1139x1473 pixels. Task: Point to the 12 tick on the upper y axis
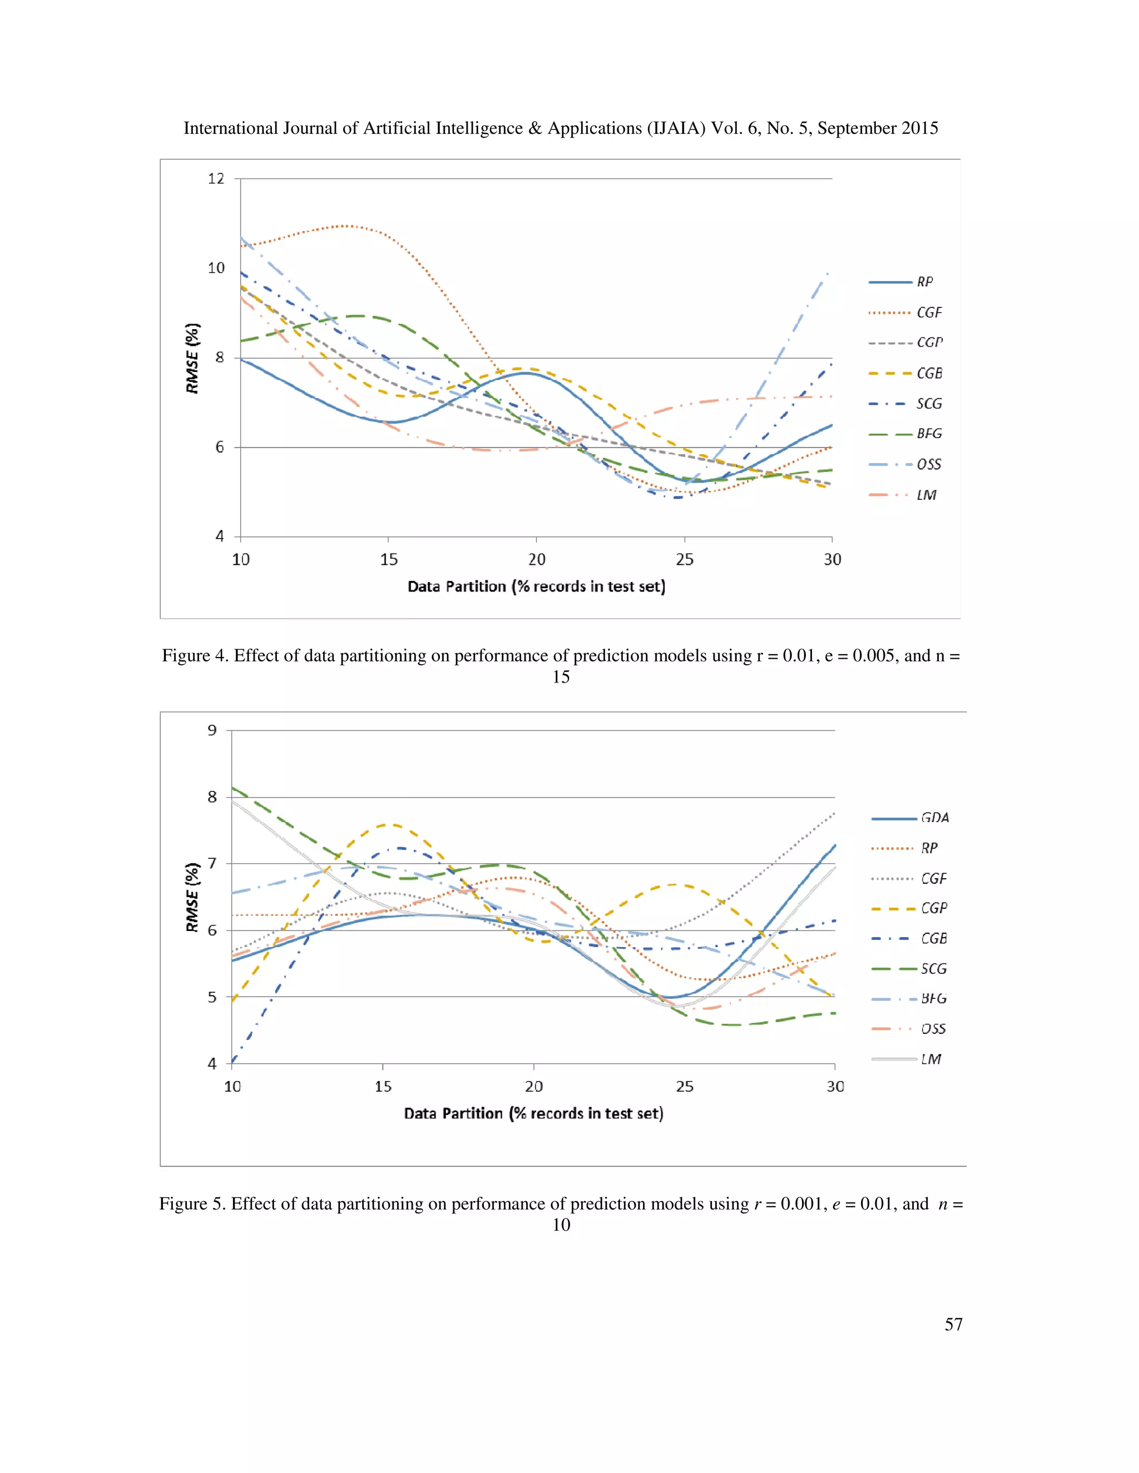216,179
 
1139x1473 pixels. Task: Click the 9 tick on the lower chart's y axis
212,730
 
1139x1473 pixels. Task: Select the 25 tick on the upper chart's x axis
684,559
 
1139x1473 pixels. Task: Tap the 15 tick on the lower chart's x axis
383,1086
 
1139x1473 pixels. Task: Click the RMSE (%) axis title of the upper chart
193,358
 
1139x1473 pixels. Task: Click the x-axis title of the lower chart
533,1113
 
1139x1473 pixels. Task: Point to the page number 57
953,1324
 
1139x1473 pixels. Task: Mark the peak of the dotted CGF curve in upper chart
345,226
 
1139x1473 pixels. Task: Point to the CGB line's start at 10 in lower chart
232,1062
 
